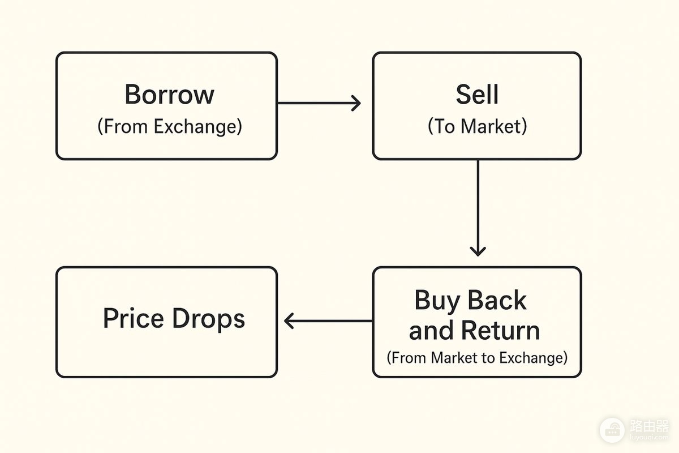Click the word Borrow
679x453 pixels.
(169, 95)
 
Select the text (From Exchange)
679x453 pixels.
(170, 126)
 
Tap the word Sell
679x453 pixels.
(477, 95)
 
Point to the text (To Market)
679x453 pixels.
(478, 126)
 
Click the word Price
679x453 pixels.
(134, 318)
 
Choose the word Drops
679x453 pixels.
(209, 319)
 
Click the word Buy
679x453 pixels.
(437, 301)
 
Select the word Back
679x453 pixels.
(497, 300)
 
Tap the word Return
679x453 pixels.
(500, 330)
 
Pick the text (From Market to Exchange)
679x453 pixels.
(477, 358)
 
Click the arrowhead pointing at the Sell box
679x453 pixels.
(356, 103)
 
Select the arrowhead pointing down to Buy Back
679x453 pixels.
(478, 251)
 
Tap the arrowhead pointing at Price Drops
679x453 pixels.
(289, 320)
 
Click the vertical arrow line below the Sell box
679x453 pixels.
(478, 208)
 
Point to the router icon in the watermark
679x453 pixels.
(612, 430)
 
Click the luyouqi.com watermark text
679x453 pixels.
(649, 437)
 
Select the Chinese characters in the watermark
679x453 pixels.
(649, 426)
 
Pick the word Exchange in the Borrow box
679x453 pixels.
(198, 126)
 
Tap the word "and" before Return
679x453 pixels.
(432, 330)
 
